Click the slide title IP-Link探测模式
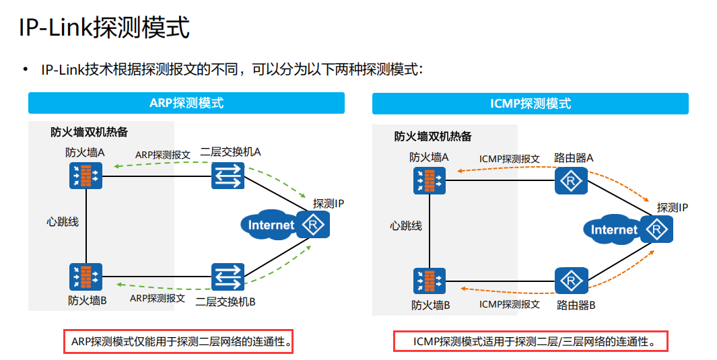104,28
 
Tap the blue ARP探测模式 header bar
186,103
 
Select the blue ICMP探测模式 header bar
531,104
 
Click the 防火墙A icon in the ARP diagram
86,176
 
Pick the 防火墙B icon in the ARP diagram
86,277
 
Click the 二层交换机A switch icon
228,177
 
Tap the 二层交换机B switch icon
228,277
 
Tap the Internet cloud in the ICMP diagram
613,230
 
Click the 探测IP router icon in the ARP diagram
314,225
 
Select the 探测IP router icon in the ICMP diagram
656,230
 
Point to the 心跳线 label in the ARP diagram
63,221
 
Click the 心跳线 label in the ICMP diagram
406,225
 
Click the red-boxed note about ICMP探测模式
530,341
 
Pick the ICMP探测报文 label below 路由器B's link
509,304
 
